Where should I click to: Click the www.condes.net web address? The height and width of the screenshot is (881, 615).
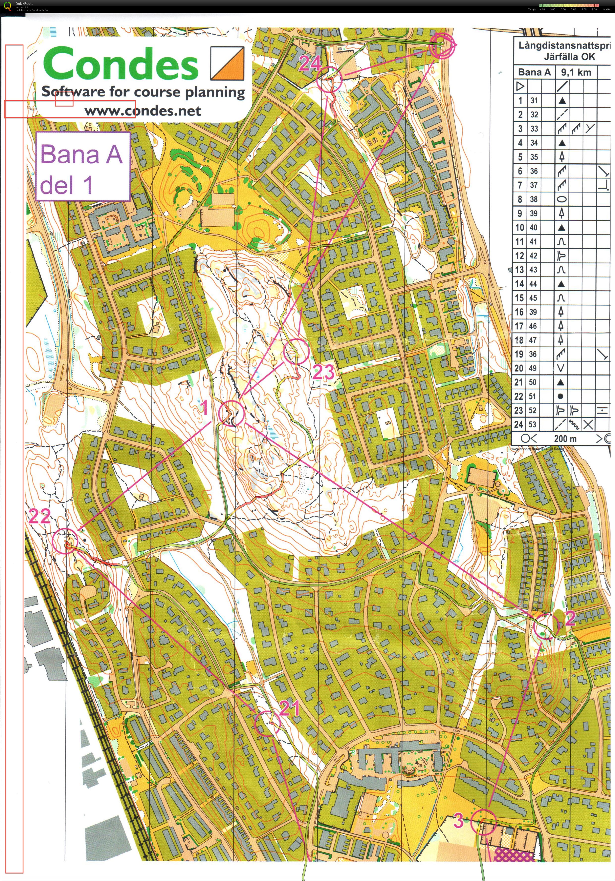pos(143,111)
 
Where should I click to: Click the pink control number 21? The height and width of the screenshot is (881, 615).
pos(289,708)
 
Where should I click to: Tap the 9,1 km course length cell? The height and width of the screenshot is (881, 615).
pos(576,72)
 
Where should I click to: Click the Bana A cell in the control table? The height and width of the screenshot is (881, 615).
pos(534,72)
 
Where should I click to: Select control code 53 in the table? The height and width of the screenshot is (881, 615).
pos(533,424)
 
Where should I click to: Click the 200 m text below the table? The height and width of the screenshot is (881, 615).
pos(565,439)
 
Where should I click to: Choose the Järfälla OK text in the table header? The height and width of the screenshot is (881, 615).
pos(569,57)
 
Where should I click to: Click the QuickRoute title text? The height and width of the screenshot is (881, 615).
pos(24,3)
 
